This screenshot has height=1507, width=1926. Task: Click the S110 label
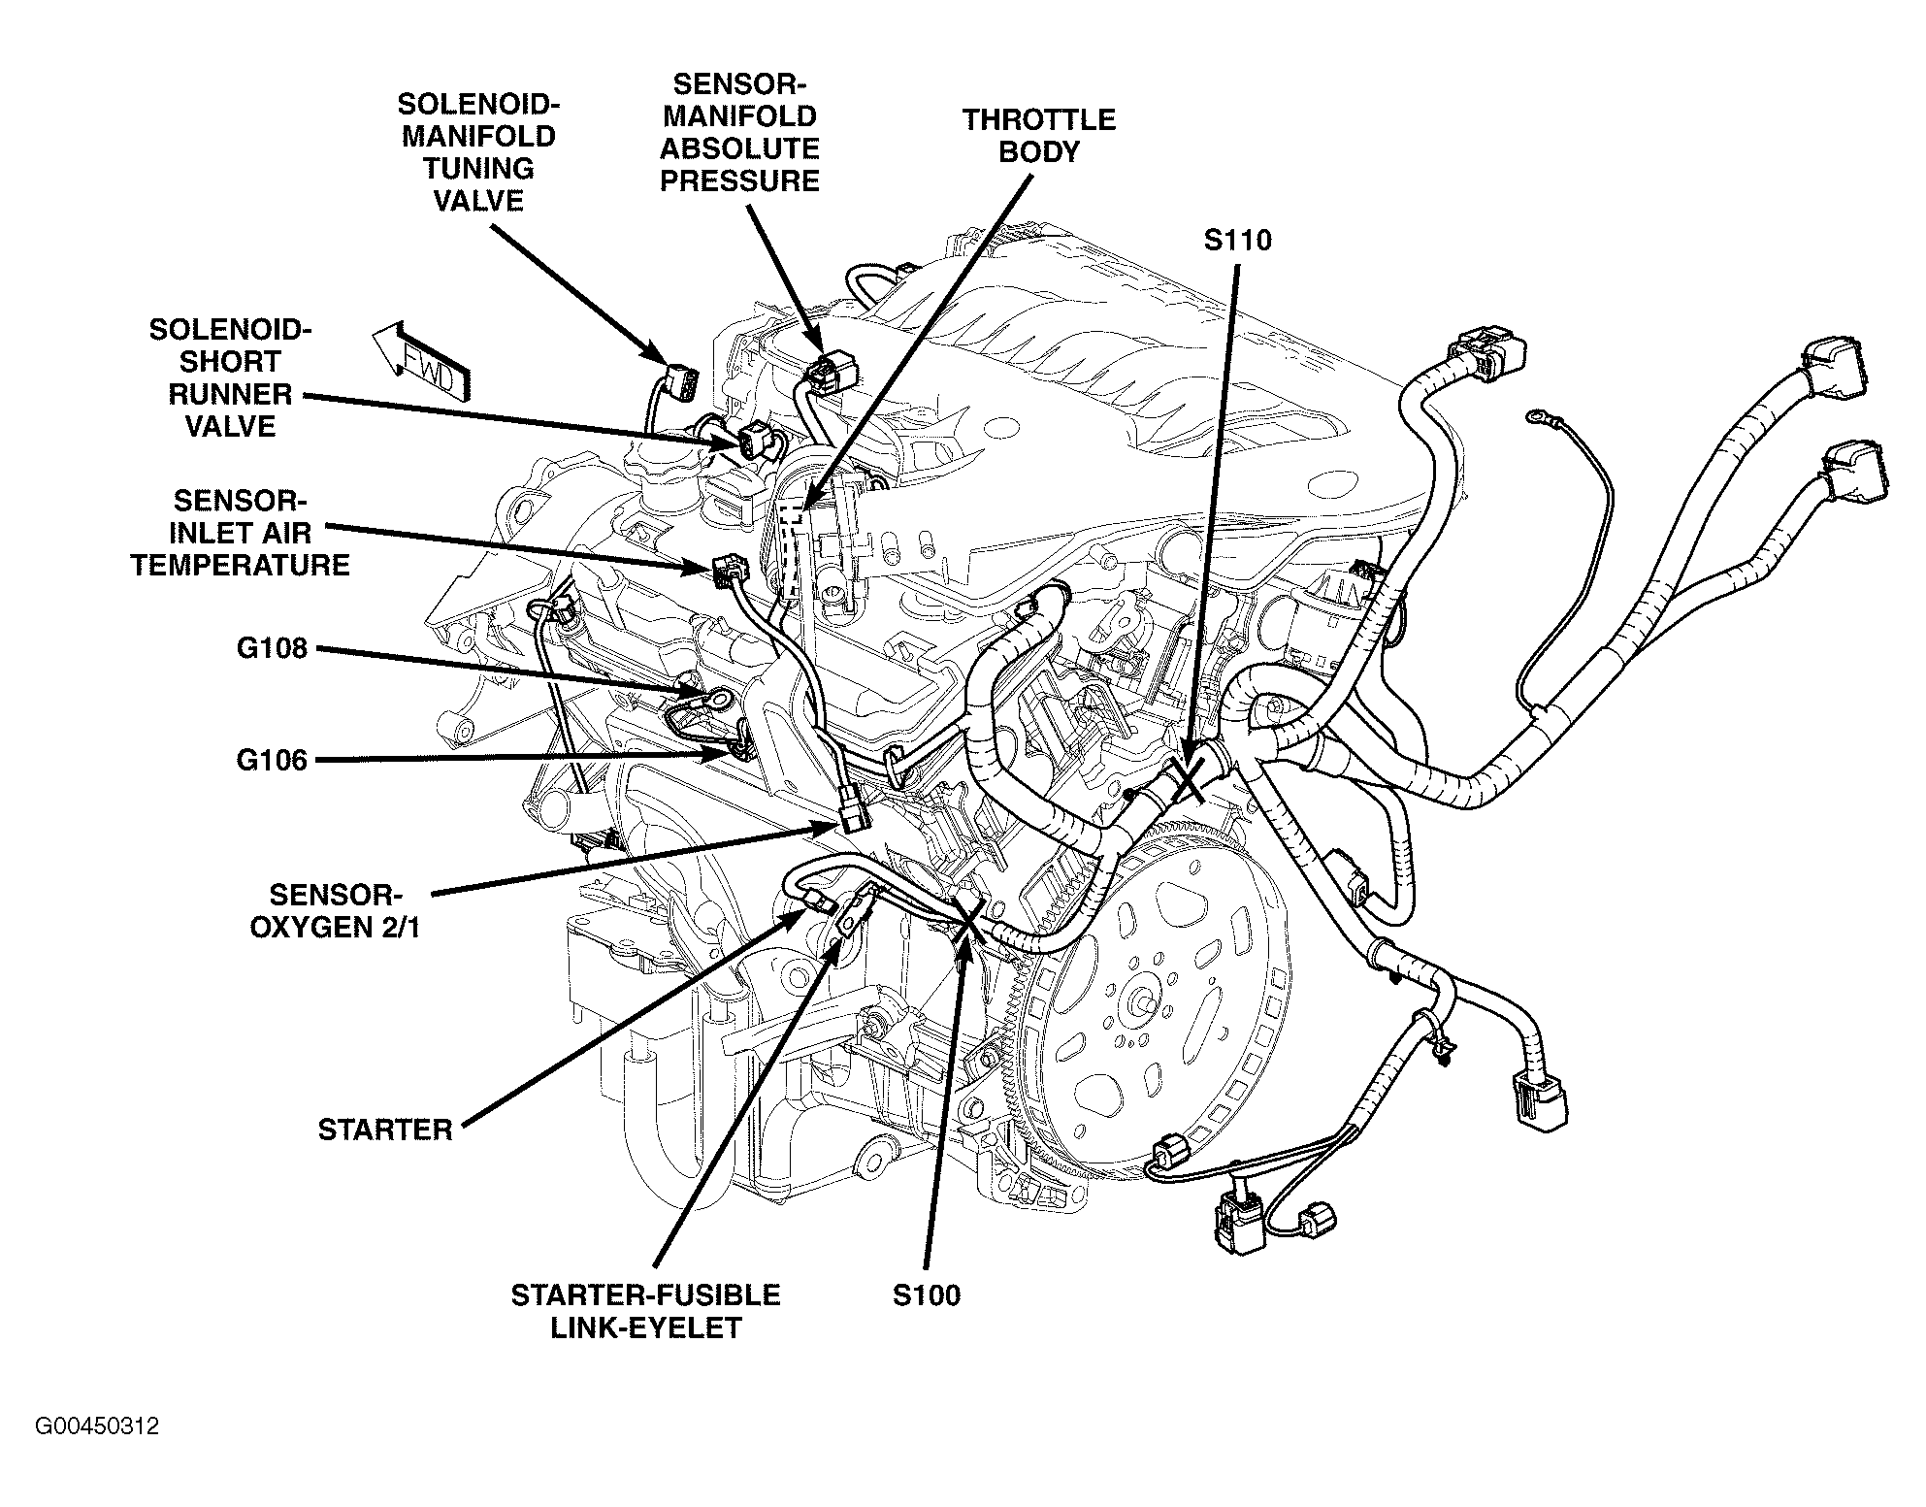[1237, 240]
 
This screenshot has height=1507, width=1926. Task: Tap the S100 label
[927, 1294]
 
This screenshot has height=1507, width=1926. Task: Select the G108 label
[272, 648]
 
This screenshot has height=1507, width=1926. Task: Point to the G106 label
[272, 760]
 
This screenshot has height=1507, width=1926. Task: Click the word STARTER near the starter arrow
[385, 1130]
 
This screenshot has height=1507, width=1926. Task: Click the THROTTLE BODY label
[1038, 136]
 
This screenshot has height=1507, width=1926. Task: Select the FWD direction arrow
[423, 363]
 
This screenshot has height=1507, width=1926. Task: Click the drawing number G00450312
[97, 1426]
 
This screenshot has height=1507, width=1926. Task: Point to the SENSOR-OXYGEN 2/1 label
[335, 910]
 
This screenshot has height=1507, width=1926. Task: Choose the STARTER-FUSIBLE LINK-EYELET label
[645, 1311]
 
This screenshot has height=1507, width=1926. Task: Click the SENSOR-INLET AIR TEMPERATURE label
[240, 533]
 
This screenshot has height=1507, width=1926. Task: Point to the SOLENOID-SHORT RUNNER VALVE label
[230, 377]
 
